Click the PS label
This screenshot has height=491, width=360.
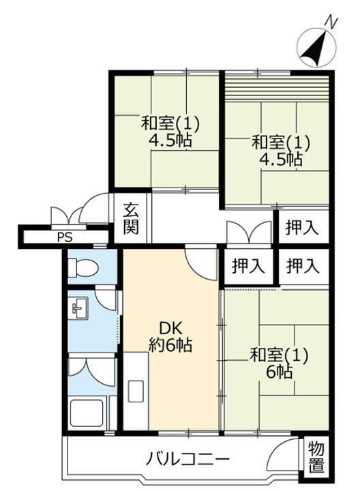pos(65,237)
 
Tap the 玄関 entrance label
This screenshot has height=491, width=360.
pos(130,218)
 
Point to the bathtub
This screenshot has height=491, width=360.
pos(87,412)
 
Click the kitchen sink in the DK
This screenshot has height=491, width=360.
pos(136,391)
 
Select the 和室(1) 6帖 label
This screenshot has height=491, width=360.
pos(279,363)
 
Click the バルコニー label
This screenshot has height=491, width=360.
pos(187,460)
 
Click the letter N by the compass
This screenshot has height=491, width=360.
pos(331,22)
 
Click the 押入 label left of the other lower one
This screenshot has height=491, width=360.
pos(248,267)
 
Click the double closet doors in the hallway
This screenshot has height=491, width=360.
pos(249,233)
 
